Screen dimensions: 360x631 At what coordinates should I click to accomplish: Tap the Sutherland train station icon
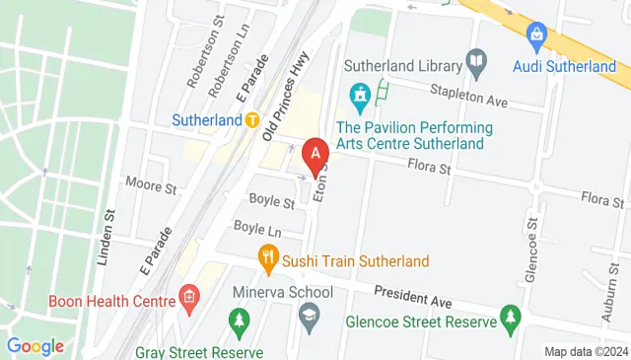coord(252,119)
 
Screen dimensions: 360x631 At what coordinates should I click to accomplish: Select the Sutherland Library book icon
coord(477,66)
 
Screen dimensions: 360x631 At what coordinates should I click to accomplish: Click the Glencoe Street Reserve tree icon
coord(510,318)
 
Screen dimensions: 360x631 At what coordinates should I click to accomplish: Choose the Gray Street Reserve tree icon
coord(238,322)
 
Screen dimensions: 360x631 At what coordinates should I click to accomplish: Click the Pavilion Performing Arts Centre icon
coord(360,97)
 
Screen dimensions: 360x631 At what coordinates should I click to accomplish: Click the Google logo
coord(35,346)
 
